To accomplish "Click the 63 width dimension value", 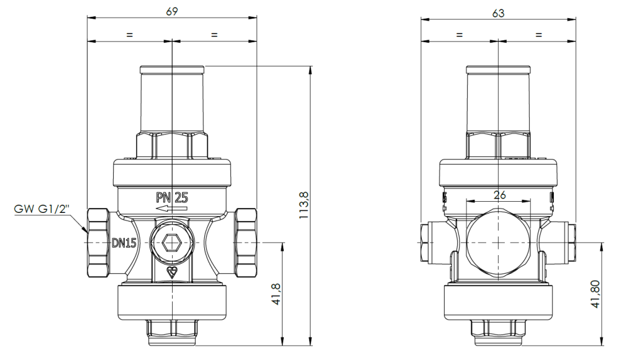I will coord(498,12).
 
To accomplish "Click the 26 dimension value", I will coord(499,194).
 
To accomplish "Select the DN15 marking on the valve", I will coord(124,243).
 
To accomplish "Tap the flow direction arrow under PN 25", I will coord(171,210).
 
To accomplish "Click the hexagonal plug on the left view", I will coord(171,243).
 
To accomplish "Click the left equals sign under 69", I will coord(129,35).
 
